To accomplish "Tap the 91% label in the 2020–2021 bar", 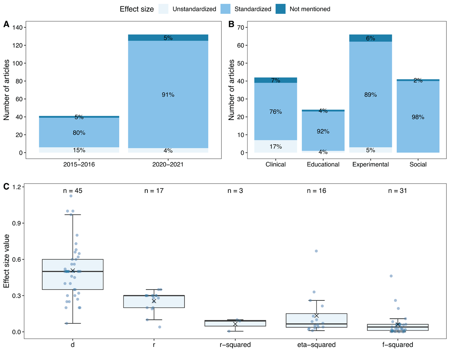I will pyautogui.click(x=168, y=95).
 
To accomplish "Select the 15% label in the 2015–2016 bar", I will pyautogui.click(x=79, y=150).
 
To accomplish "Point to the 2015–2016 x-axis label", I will pyautogui.click(x=79, y=164).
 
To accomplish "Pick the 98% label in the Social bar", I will pyautogui.click(x=418, y=117).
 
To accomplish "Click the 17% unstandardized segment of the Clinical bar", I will pyautogui.click(x=276, y=146).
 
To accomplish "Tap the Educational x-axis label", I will pyautogui.click(x=323, y=164).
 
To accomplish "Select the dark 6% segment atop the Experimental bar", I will pyautogui.click(x=370, y=38).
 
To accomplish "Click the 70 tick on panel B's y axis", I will pyautogui.click(x=243, y=27).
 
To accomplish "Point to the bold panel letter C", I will pyautogui.click(x=6, y=186).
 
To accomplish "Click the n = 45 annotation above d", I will pyautogui.click(x=72, y=191).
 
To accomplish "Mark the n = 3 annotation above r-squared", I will pyautogui.click(x=235, y=191).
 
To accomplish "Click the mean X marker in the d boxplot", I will pyautogui.click(x=73, y=270).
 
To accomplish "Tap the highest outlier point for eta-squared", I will pyautogui.click(x=316, y=251).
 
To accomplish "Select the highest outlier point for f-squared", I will pyautogui.click(x=391, y=276).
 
